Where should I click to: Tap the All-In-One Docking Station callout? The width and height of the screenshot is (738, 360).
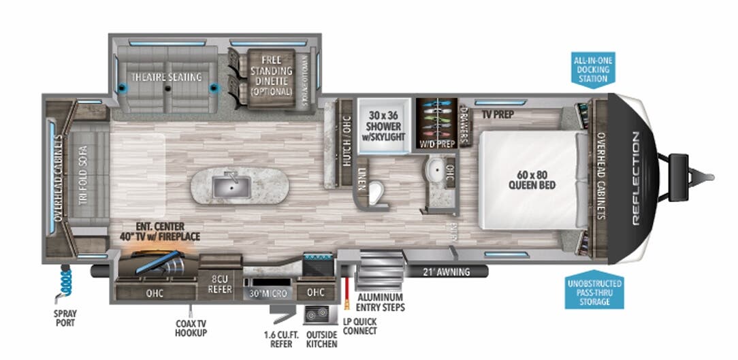tap(591, 70)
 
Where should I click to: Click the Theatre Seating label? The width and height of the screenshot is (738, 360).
tap(167, 77)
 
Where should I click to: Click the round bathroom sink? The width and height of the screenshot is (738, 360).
tap(434, 169)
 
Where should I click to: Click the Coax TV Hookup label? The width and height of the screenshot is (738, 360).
tap(190, 328)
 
